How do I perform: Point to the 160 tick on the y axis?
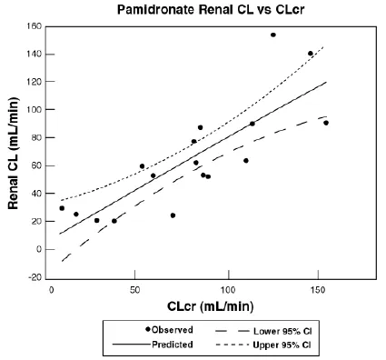point(33,26)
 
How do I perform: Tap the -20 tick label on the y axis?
point(33,277)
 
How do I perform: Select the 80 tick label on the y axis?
point(35,137)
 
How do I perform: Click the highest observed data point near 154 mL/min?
point(272,35)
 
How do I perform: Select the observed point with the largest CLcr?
point(326,122)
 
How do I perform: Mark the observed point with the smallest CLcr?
point(62,208)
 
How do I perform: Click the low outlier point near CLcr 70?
point(173,215)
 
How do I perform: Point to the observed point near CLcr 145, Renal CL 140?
point(311,54)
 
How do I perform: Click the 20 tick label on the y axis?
point(35,221)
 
